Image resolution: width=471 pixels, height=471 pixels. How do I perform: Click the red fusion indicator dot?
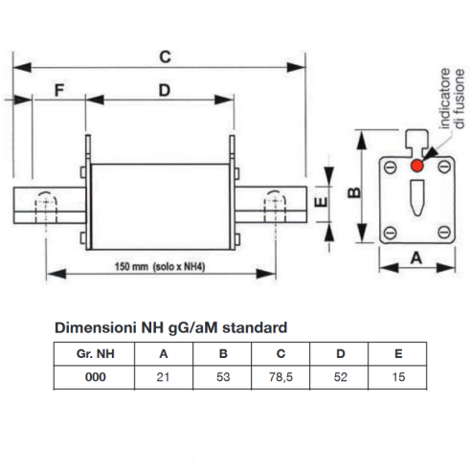pos(416,166)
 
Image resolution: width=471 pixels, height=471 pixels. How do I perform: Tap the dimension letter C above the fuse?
pos(165,56)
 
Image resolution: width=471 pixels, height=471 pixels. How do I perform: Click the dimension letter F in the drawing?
pos(59,90)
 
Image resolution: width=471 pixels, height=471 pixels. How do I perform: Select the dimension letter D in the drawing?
pos(165,90)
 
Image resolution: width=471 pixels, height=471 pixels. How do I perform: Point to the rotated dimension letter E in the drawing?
pos(321,202)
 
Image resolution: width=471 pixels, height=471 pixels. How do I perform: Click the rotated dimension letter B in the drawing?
pos(354,192)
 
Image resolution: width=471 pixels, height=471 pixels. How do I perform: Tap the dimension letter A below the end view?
pos(416,258)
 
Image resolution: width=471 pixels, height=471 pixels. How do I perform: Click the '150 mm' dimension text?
pos(131,266)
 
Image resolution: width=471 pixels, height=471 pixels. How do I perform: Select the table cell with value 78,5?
pos(280,377)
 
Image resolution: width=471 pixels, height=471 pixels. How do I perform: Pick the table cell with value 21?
pos(164,377)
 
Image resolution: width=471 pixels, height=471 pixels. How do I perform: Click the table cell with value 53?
pos(222,377)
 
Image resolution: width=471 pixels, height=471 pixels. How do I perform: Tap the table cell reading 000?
pos(95,377)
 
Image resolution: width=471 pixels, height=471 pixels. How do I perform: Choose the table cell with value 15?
pos(397,377)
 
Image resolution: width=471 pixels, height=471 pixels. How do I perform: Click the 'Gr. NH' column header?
pos(95,354)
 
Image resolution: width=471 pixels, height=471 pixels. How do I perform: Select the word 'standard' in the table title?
pos(255,327)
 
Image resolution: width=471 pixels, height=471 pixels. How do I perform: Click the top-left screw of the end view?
pos(390,168)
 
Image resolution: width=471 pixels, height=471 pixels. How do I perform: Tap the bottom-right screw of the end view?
pos(444,232)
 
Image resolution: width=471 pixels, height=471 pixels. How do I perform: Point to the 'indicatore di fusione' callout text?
pos(452,99)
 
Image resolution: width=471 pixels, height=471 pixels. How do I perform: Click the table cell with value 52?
pos(340,377)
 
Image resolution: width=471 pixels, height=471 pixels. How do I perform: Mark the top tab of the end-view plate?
pos(416,142)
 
